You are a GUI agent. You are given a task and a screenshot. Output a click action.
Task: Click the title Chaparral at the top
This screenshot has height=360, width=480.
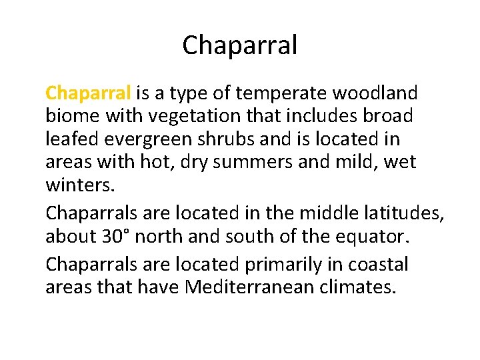coord(239,46)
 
